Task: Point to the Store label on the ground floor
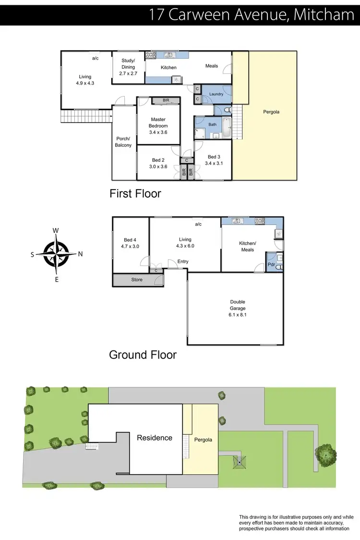pos(137,280)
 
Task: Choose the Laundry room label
pos(216,94)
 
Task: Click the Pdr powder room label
pos(271,264)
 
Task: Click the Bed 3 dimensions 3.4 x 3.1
pos(214,163)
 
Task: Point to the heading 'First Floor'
pos(135,194)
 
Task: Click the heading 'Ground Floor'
pos(143,355)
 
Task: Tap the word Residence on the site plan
pos(155,438)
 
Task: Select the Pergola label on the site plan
pos(203,440)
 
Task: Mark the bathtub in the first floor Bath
pos(226,128)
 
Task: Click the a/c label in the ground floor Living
pos(198,224)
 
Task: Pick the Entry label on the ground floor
pos(183,262)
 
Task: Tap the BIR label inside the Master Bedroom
pos(166,100)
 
